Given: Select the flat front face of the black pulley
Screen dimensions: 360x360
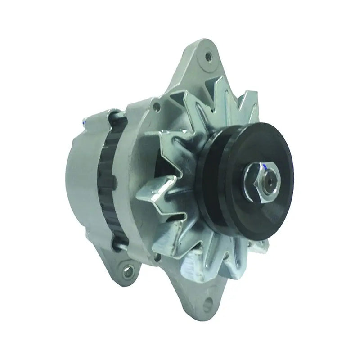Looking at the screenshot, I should [x=270, y=148].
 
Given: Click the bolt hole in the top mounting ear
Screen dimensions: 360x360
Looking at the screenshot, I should [x=208, y=57].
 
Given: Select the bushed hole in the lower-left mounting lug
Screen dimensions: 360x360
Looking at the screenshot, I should [x=129, y=271].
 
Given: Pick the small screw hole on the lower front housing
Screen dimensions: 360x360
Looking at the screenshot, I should [x=157, y=257].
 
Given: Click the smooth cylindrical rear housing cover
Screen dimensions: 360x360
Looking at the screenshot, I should [x=81, y=184].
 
